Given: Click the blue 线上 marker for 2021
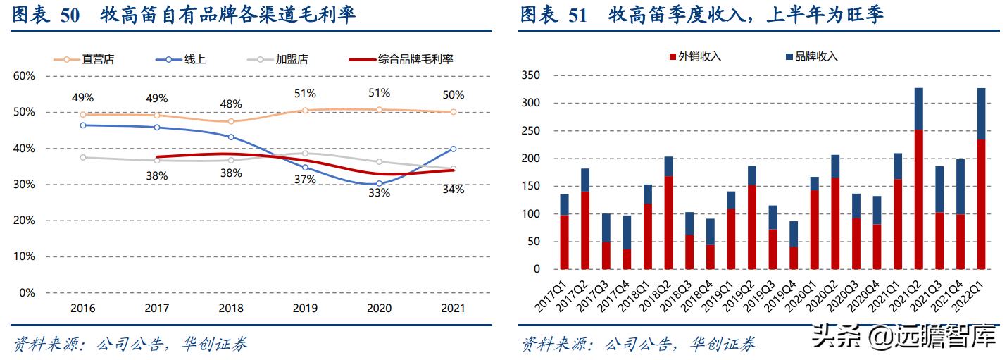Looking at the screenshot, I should pyautogui.click(x=453, y=149).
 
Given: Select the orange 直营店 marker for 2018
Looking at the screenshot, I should pyautogui.click(x=231, y=121).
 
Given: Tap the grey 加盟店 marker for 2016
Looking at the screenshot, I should pyautogui.click(x=83, y=157).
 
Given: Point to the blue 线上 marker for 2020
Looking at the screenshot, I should pyautogui.click(x=379, y=183).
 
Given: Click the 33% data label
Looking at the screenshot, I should pyautogui.click(x=379, y=193).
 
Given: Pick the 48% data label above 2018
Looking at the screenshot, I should pyautogui.click(x=231, y=104).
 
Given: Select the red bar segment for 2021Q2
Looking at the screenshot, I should pyautogui.click(x=918, y=199).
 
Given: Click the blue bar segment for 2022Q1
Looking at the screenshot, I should pyautogui.click(x=981, y=113).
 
